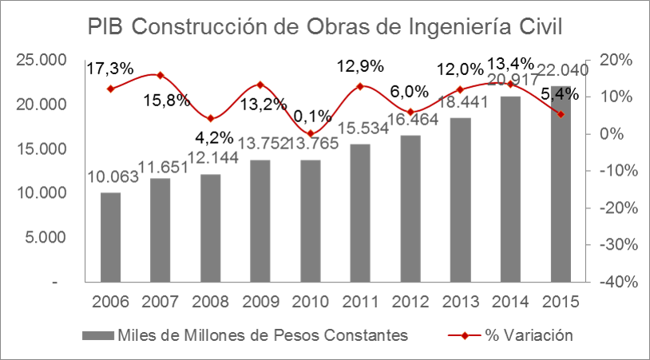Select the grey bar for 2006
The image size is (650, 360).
[x=111, y=237]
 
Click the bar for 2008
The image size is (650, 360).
[x=210, y=227]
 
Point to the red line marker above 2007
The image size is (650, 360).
[x=161, y=75]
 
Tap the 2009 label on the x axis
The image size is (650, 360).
[x=260, y=303]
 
